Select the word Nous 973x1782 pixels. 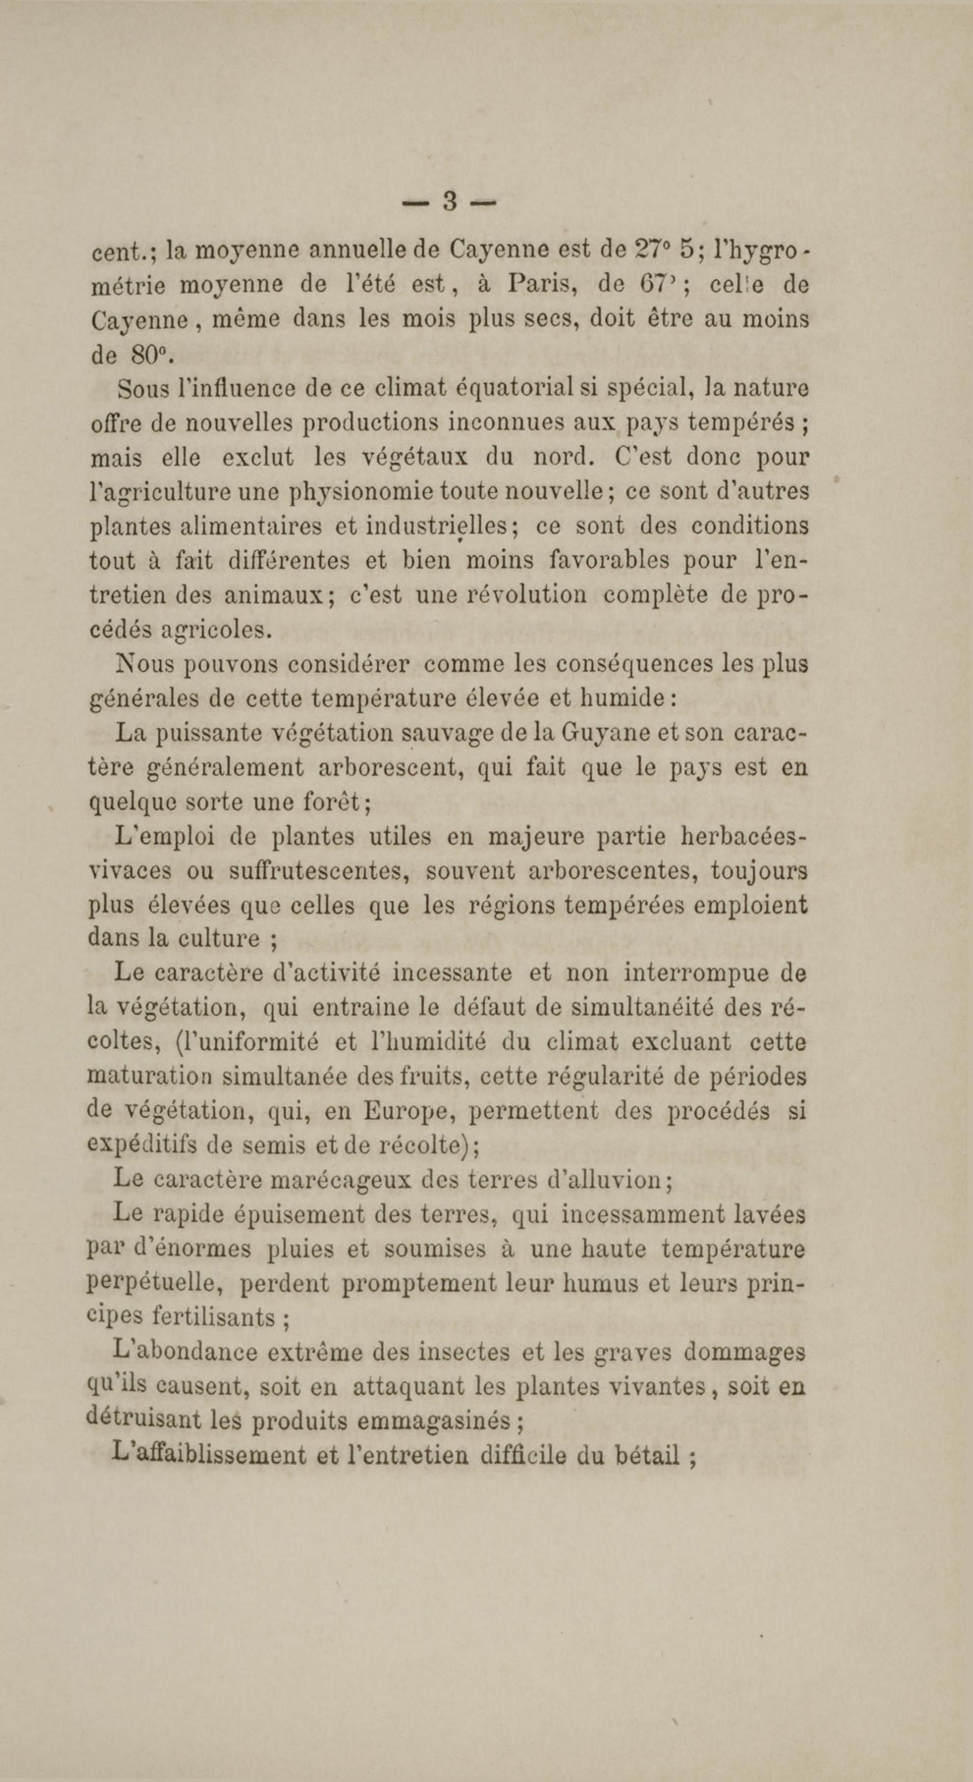click(144, 664)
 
